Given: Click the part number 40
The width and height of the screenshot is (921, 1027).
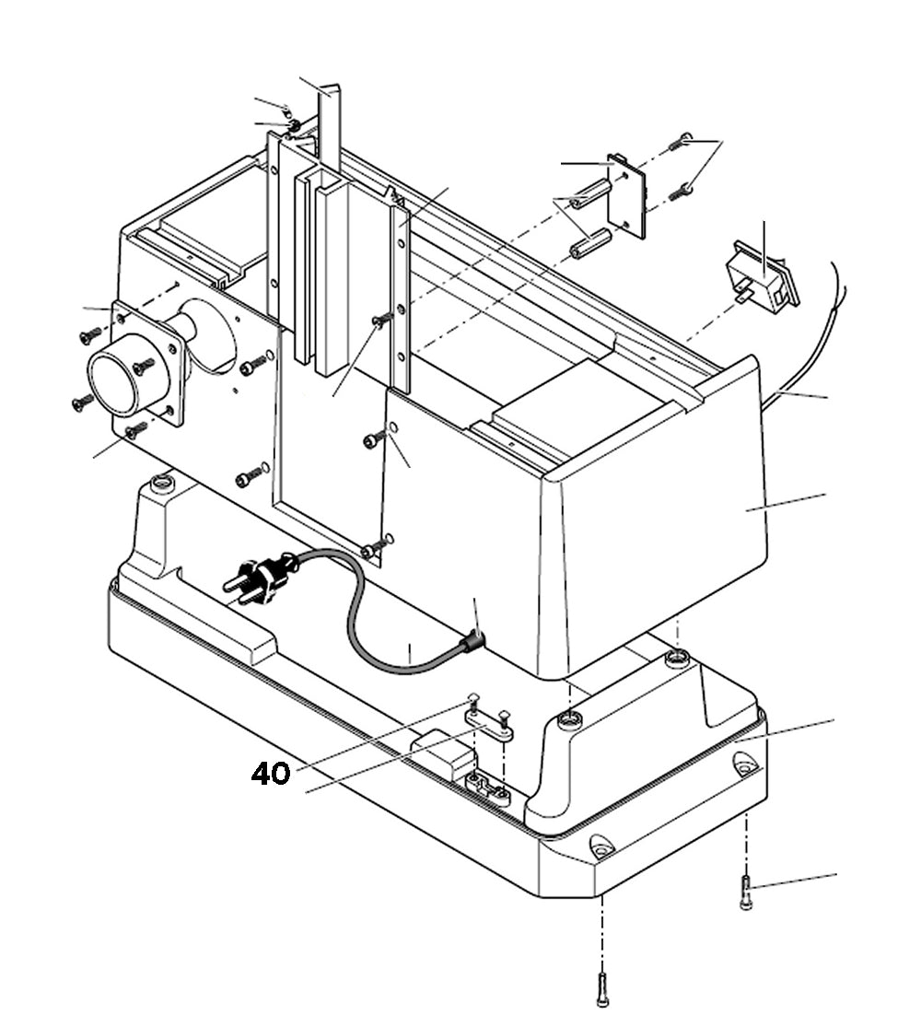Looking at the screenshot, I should pos(271,774).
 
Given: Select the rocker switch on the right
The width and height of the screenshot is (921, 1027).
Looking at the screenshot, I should pos(763,276).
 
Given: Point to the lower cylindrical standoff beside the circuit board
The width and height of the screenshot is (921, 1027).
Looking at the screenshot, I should pos(589,245).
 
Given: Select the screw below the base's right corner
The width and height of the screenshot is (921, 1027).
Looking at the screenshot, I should pos(746,893).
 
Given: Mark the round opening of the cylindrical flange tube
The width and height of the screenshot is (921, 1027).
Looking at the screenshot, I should pos(115,379).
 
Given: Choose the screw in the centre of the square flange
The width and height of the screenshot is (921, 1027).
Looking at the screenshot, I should pos(144,367).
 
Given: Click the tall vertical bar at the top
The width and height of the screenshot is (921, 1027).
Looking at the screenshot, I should pos(330,129).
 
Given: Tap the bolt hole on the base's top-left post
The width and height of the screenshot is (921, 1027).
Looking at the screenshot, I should pos(162,483).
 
